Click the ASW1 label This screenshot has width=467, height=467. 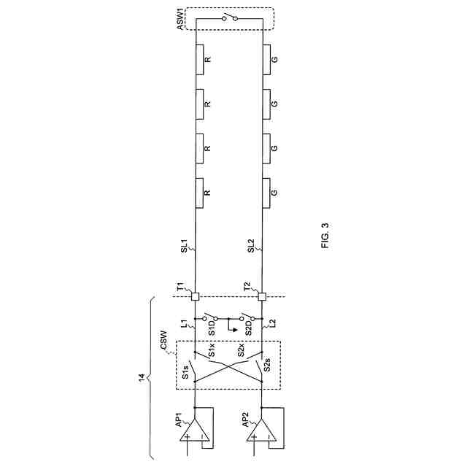click(180, 19)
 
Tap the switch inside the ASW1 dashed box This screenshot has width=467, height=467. click(230, 18)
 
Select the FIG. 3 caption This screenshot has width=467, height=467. click(325, 236)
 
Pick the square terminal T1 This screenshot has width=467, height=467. click(195, 296)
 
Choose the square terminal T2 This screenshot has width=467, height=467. click(262, 296)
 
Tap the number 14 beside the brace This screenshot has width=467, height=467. click(142, 377)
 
